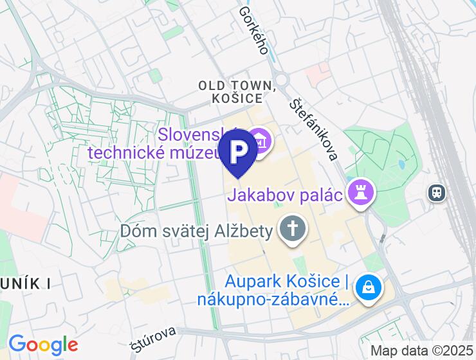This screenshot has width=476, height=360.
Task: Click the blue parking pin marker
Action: point(238,150)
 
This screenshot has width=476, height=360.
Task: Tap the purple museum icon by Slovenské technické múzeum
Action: point(261,139)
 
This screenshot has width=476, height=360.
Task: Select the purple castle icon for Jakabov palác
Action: point(360,192)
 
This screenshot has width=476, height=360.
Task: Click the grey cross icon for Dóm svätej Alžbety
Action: point(293,228)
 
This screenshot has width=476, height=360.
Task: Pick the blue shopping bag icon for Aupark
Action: point(370,287)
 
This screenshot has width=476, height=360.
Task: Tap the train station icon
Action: point(437,192)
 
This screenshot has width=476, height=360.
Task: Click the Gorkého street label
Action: point(253,30)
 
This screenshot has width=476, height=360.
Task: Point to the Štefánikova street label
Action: point(313,129)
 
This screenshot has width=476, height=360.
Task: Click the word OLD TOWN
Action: point(236,85)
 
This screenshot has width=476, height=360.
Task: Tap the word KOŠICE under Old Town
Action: point(237,99)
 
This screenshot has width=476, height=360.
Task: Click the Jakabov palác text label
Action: point(283,194)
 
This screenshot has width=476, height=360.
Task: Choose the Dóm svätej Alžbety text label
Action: point(197,231)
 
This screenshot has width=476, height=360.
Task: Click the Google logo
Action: point(43,345)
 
